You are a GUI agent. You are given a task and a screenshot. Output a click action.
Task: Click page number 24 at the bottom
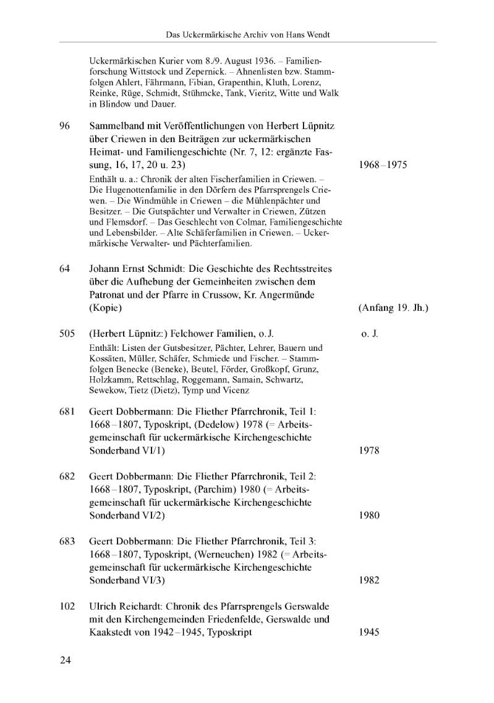click(x=66, y=660)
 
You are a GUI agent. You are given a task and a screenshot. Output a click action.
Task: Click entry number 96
click(x=65, y=126)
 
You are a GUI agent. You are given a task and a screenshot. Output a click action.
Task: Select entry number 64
click(x=65, y=269)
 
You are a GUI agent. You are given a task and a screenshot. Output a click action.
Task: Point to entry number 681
click(x=67, y=411)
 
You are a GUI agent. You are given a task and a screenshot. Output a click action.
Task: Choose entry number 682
click(x=67, y=476)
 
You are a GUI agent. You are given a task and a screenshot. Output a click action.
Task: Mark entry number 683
click(x=67, y=542)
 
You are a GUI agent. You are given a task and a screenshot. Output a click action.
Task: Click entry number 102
click(x=67, y=607)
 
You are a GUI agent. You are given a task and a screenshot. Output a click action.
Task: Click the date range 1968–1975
click(x=383, y=166)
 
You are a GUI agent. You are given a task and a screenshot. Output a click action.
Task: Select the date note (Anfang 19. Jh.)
click(x=393, y=308)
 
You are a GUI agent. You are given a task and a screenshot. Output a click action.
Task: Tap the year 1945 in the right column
click(x=369, y=633)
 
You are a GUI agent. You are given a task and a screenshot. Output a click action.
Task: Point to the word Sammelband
click(x=116, y=126)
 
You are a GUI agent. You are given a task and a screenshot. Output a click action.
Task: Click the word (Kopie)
click(x=105, y=308)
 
